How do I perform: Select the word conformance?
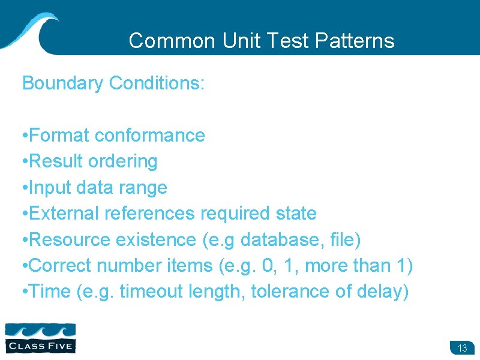[x=150, y=136]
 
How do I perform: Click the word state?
[x=293, y=214]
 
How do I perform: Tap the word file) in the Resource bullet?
[x=346, y=240]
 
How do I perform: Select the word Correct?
[x=60, y=266]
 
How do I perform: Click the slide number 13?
[x=462, y=349]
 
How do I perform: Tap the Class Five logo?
[x=40, y=337]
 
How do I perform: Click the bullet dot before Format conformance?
[x=23, y=136]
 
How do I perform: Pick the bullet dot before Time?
[x=23, y=292]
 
